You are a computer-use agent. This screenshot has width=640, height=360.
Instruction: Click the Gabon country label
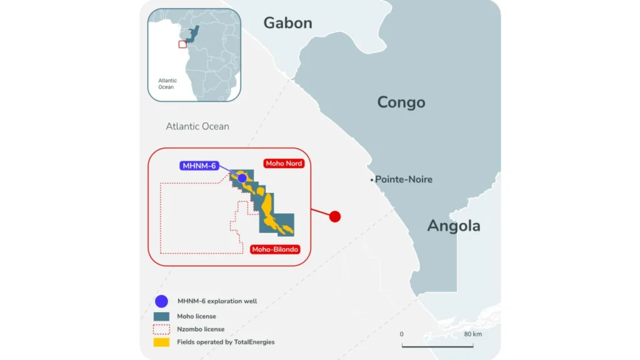click(x=287, y=23)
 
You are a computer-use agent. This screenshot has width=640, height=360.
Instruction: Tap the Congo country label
click(x=401, y=102)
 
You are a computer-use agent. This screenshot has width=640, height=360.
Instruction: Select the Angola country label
click(x=454, y=226)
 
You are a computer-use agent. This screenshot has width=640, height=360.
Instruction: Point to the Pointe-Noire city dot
click(x=371, y=180)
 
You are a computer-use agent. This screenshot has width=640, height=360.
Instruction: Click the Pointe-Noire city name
click(x=404, y=179)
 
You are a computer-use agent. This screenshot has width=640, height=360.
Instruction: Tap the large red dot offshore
click(x=335, y=216)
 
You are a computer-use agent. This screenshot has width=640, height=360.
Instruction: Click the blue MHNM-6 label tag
click(x=200, y=166)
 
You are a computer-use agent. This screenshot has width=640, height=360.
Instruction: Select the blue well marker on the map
click(x=242, y=178)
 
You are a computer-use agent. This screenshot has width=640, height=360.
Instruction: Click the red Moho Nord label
click(x=284, y=164)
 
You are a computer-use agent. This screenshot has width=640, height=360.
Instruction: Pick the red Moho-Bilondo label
click(x=275, y=249)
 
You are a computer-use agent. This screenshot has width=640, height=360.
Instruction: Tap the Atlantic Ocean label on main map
click(x=197, y=126)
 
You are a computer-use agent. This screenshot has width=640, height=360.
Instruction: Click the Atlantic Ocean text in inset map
click(x=167, y=84)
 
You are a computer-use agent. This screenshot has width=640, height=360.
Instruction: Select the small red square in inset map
click(x=182, y=44)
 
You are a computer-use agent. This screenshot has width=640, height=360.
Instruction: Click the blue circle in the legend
click(x=161, y=301)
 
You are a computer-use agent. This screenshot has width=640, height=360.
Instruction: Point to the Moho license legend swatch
click(x=161, y=316)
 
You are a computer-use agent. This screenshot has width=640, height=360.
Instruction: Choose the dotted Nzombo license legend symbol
click(x=161, y=329)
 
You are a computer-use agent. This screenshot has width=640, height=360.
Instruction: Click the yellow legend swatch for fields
click(x=161, y=342)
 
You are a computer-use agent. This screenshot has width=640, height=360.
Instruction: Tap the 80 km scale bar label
click(x=473, y=334)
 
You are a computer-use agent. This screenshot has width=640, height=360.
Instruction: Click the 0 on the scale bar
click(x=402, y=334)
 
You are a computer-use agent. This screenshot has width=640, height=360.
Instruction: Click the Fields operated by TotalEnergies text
click(x=226, y=342)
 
